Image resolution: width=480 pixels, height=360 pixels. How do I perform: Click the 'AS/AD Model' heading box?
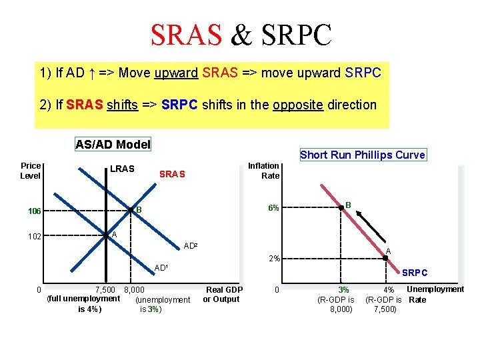pyautogui.click(x=113, y=144)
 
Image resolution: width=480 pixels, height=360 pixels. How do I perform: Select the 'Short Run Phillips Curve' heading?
pyautogui.click(x=362, y=155)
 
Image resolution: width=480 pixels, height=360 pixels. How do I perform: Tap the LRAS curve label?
pyautogui.click(x=122, y=169)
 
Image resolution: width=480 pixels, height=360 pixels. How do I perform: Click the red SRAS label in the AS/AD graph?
pyautogui.click(x=172, y=174)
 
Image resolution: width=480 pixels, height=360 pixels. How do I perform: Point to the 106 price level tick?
pyautogui.click(x=34, y=211)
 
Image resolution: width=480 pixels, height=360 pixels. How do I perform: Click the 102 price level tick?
pyautogui.click(x=34, y=236)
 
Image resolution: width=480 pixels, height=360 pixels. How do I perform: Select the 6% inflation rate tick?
pyautogui.click(x=273, y=208)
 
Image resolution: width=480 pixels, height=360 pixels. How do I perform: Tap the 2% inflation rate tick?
pyautogui.click(x=273, y=259)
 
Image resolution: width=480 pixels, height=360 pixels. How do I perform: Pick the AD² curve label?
pyautogui.click(x=191, y=246)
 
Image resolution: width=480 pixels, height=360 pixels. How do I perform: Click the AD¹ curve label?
pyautogui.click(x=161, y=268)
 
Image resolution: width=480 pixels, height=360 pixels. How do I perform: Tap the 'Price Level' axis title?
pyautogui.click(x=31, y=171)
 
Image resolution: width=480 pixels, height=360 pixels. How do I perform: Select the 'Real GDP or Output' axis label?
pyautogui.click(x=223, y=294)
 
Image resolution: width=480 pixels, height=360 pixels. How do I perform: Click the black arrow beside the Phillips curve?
pyautogui.click(x=370, y=227)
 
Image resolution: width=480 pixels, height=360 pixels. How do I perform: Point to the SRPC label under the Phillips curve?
pyautogui.click(x=415, y=273)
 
